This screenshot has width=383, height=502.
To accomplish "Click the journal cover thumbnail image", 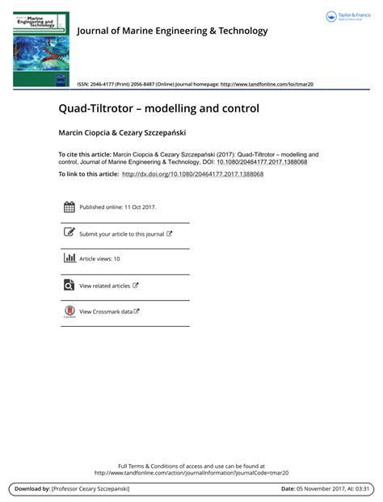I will click(x=41, y=48).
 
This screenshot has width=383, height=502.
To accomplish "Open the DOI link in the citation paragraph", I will click(x=262, y=161).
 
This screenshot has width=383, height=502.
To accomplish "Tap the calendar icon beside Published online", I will click(x=69, y=207).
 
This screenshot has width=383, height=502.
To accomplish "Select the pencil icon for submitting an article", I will click(x=69, y=233).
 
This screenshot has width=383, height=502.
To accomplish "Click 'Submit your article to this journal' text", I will click(x=121, y=234).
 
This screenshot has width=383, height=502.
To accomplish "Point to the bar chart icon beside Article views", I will click(x=69, y=258).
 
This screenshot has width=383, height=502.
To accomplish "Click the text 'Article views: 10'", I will click(x=99, y=259).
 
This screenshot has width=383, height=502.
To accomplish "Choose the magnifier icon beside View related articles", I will click(x=69, y=285).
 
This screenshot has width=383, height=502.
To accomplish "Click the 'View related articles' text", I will click(x=104, y=286).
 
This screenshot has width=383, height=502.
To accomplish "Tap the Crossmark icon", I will click(x=69, y=312).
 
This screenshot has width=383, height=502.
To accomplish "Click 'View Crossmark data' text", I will click(x=105, y=312).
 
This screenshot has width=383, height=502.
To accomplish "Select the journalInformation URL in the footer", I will click(x=191, y=473).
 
